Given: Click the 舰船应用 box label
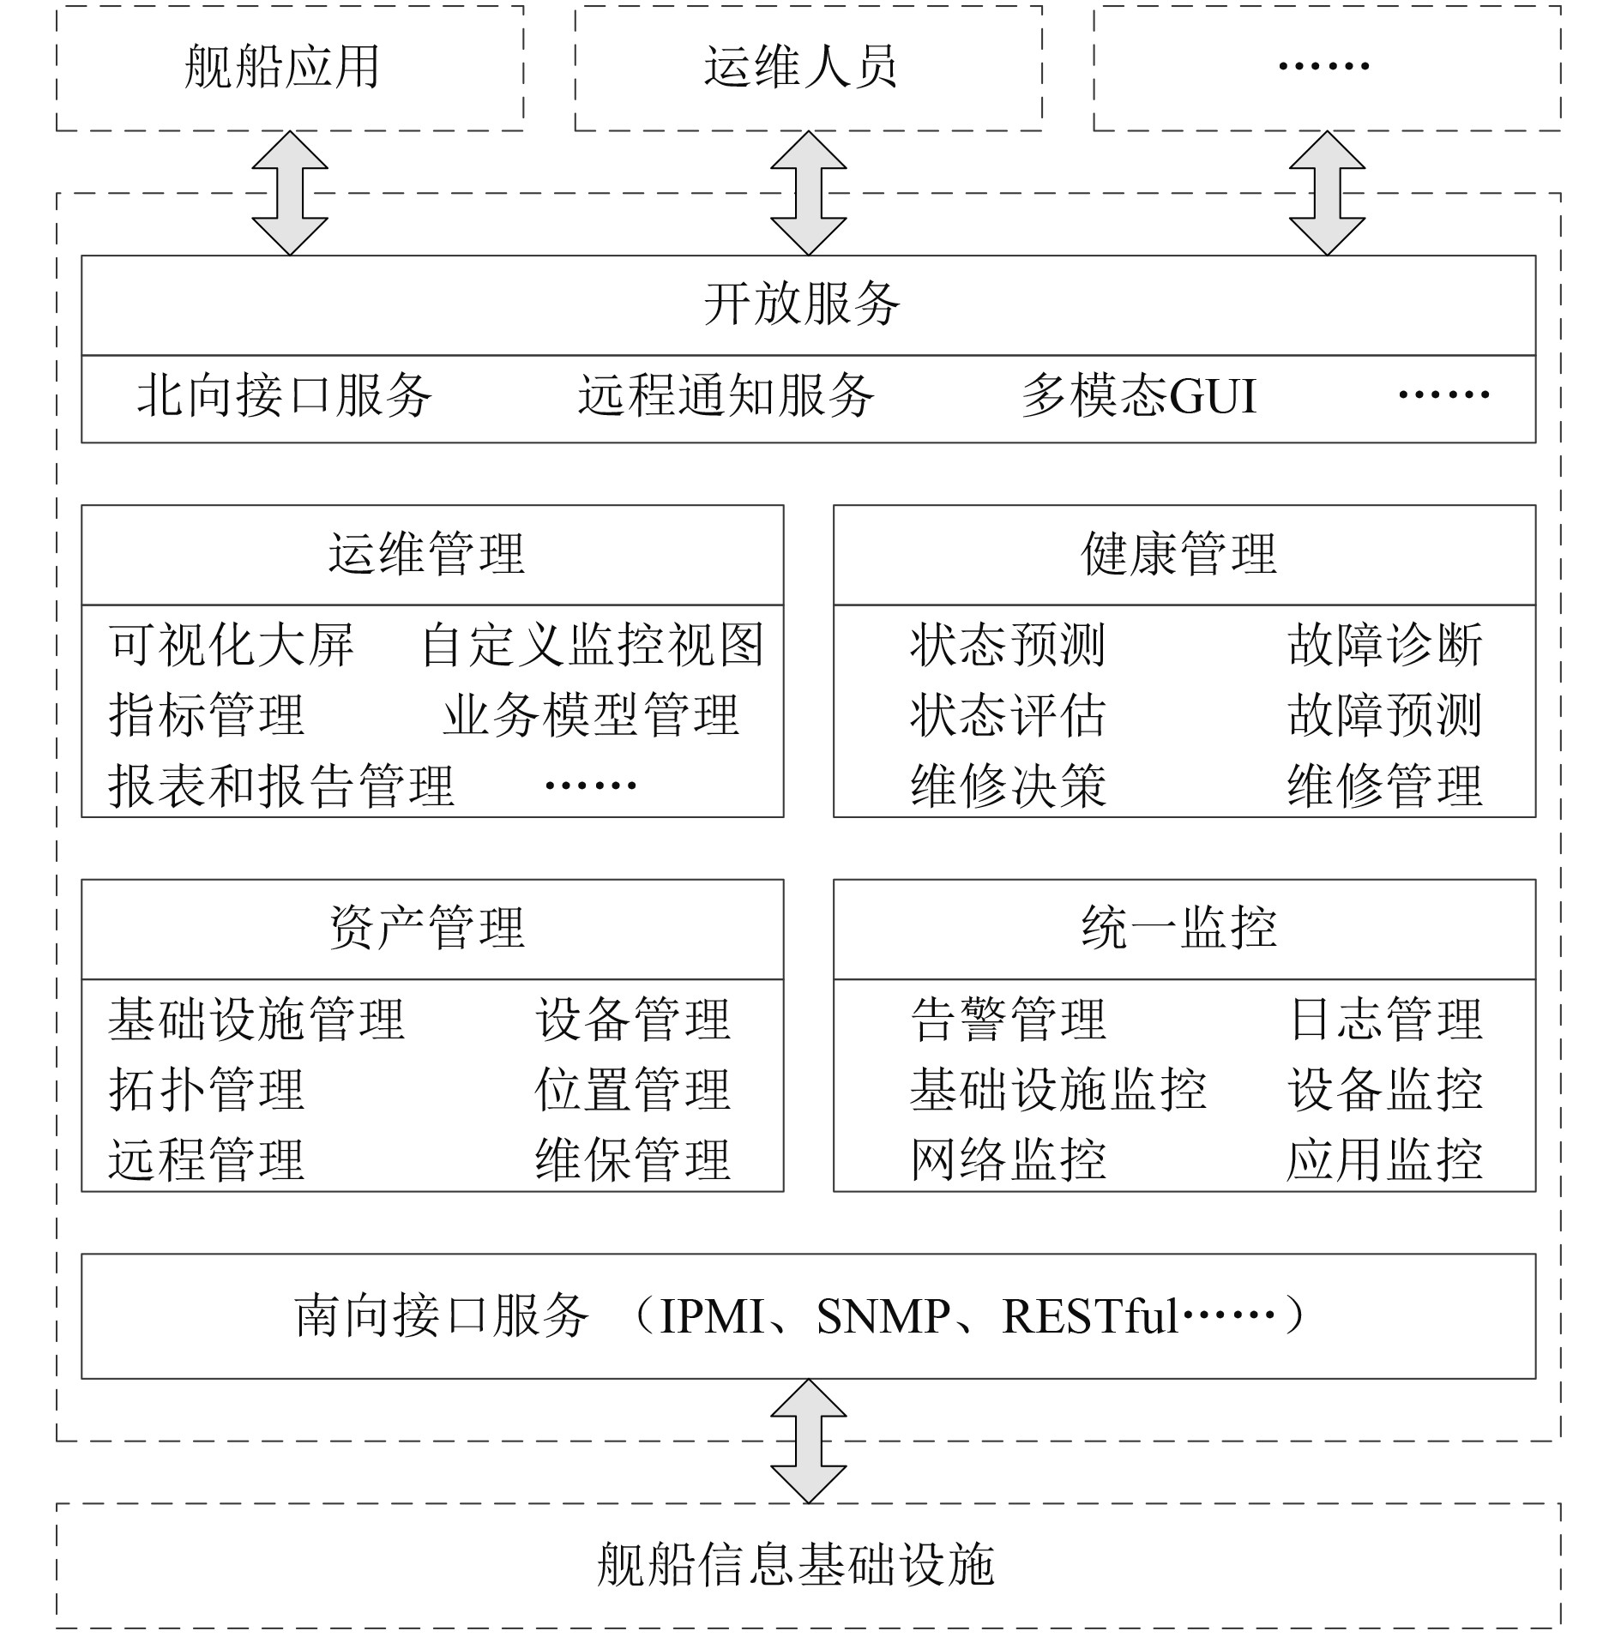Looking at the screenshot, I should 282,67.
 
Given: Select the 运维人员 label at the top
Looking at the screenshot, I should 800,67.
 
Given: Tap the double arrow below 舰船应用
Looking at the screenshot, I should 290,193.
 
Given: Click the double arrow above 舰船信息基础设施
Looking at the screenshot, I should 809,1441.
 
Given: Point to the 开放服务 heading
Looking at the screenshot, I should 802,304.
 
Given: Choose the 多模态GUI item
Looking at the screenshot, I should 1138,396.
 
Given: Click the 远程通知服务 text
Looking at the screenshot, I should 726,396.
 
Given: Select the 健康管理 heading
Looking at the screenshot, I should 1179,554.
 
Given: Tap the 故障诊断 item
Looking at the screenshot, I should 1384,645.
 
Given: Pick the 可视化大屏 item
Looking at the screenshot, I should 231,645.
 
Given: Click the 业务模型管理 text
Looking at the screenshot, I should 591,715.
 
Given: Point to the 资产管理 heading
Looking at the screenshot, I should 427,928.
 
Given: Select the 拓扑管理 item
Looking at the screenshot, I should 207,1090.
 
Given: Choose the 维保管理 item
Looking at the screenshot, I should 633,1159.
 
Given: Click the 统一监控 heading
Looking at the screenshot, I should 1179,928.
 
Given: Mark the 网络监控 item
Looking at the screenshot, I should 1008,1159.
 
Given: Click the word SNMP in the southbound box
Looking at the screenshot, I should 883,1316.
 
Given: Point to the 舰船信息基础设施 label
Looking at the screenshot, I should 795,1565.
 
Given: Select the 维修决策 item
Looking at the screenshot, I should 1008,785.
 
